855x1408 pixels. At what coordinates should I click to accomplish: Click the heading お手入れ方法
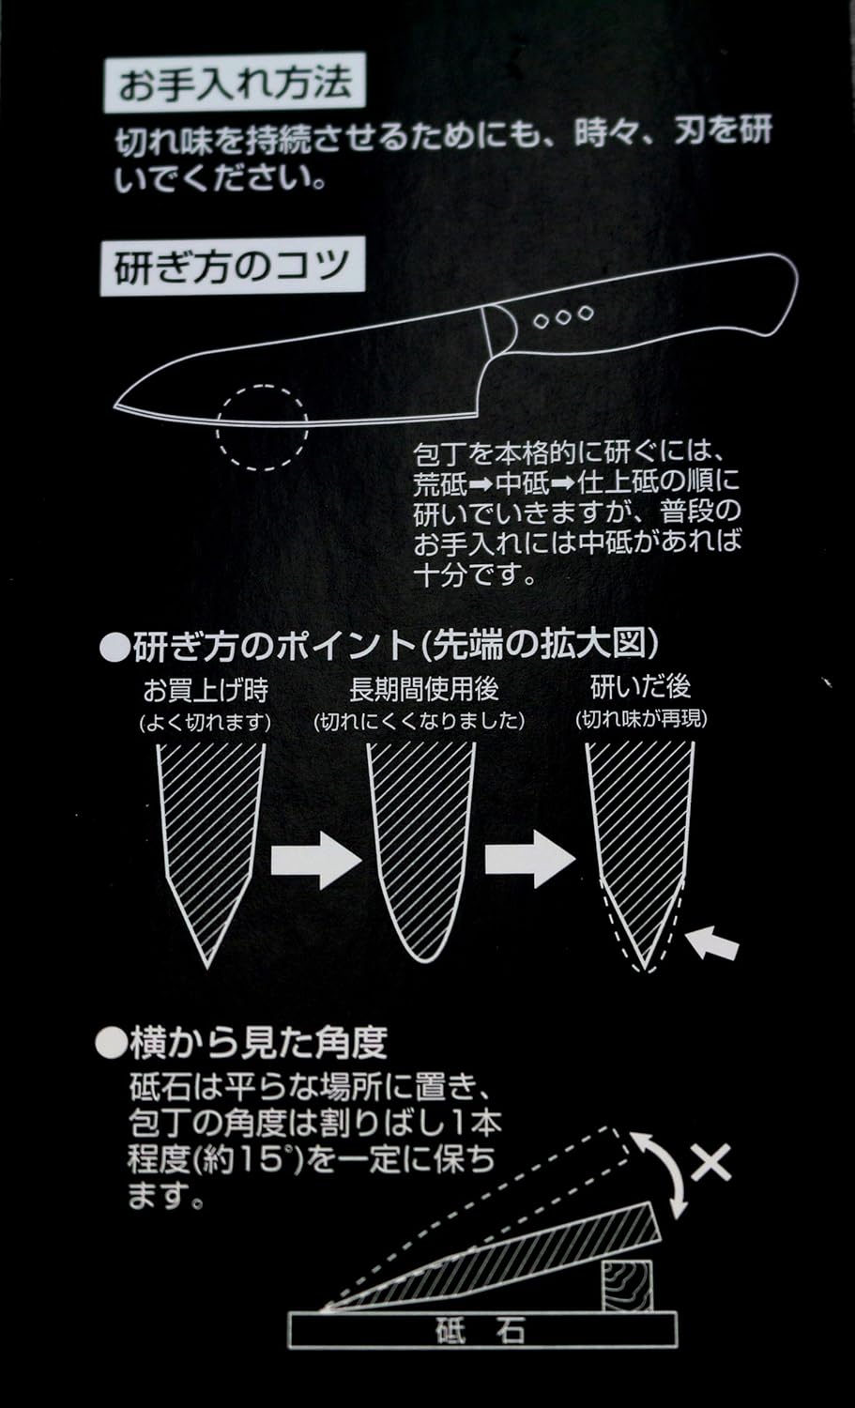[235, 83]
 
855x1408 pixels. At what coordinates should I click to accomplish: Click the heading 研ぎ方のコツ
[232, 266]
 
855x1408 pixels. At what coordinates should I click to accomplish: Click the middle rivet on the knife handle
[563, 317]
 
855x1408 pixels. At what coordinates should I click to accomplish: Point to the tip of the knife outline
[115, 407]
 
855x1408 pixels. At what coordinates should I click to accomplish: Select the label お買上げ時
[206, 690]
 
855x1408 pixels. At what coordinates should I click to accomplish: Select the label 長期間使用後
[423, 689]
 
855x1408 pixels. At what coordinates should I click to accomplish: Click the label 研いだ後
[641, 686]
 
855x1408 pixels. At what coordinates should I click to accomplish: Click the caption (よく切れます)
[206, 722]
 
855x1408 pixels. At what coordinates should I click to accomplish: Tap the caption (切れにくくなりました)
[420, 720]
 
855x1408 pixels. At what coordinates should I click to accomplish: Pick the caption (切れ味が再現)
[641, 718]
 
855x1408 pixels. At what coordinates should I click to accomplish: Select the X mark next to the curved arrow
[710, 1162]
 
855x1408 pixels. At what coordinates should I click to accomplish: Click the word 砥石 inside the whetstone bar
[480, 1330]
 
